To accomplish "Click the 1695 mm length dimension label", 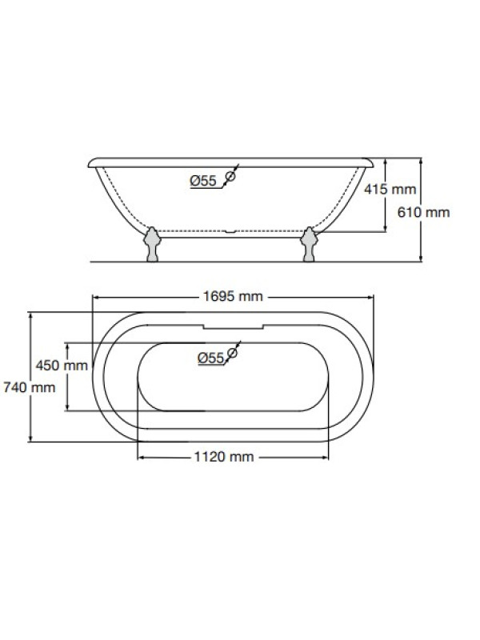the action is [x=233, y=296].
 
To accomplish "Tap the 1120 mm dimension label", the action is [x=224, y=457].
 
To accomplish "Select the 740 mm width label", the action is [x=29, y=387].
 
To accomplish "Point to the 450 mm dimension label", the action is [x=62, y=365].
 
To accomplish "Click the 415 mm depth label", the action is [x=390, y=189].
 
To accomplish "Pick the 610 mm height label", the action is [x=423, y=212].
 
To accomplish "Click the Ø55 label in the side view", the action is [x=203, y=181].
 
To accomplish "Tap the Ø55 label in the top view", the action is [x=211, y=358].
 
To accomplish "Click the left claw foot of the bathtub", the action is [x=152, y=244].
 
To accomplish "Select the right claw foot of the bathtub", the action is [x=309, y=244].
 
